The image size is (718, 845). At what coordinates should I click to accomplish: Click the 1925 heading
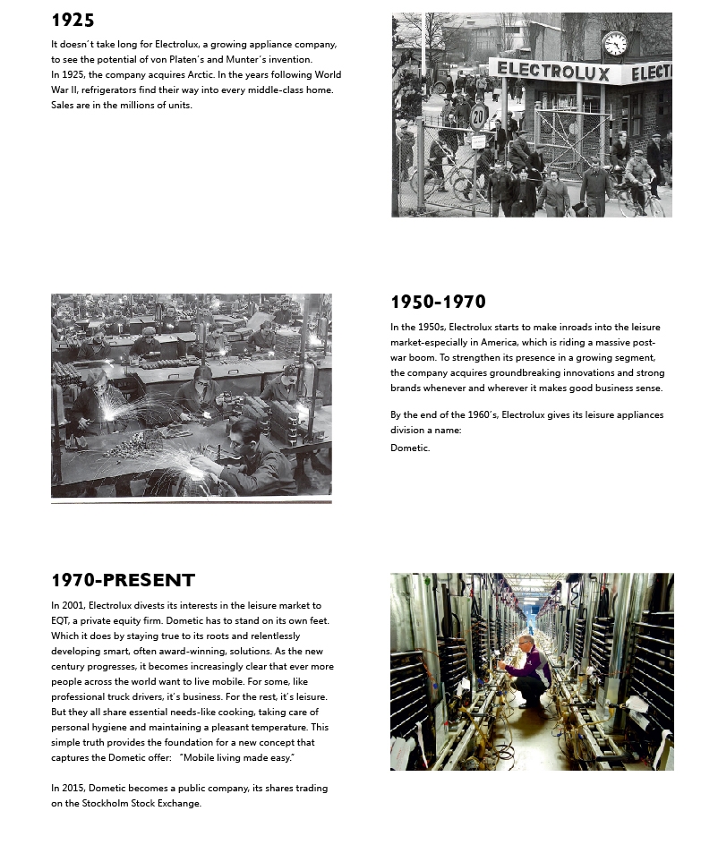pyautogui.click(x=73, y=20)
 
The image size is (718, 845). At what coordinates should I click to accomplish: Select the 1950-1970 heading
pyautogui.click(x=438, y=302)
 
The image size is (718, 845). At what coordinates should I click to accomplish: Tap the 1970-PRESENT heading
pyautogui.click(x=123, y=580)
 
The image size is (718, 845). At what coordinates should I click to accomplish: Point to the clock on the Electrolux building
pyautogui.click(x=614, y=43)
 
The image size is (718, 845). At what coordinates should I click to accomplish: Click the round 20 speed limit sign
pyautogui.click(x=479, y=116)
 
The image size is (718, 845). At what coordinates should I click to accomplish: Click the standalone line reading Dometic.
pyautogui.click(x=410, y=448)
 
